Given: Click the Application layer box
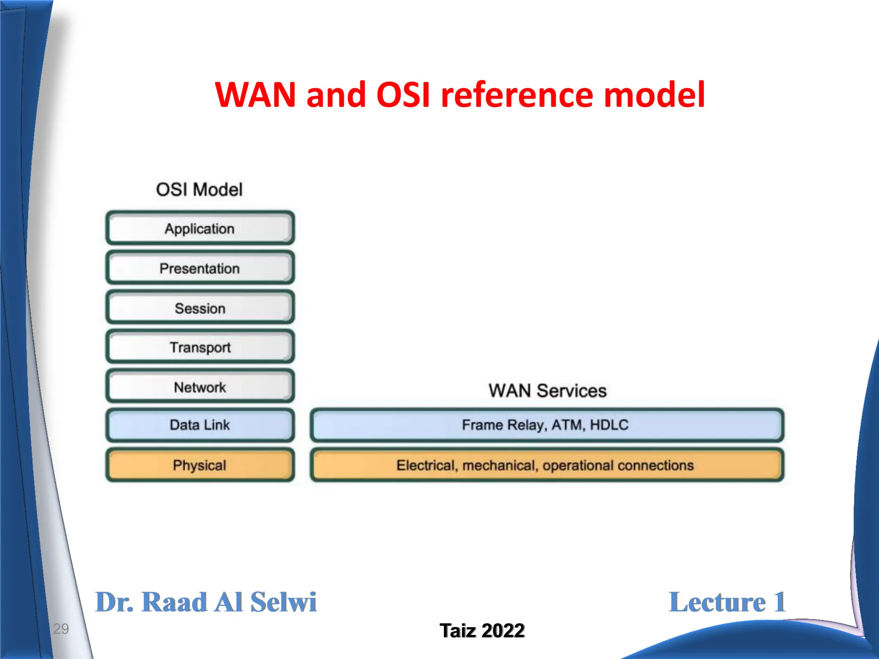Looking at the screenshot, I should coord(200,228).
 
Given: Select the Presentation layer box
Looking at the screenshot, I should coord(200,268).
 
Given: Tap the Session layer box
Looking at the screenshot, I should coord(200,308).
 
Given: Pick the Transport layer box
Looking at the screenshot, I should coord(200,347).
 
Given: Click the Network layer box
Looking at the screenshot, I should coord(200,387).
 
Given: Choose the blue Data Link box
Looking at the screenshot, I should coord(200,425).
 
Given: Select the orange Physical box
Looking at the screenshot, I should coord(200,465).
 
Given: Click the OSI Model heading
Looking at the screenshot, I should coord(199,190).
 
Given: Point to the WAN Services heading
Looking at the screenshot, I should coord(547,390).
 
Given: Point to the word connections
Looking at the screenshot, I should coord(655,466).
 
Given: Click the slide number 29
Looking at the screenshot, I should coord(61,629).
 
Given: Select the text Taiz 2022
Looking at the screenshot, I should coord(482,631).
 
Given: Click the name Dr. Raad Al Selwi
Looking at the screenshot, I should coord(206,602).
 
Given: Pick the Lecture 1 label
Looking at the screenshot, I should coord(727,602).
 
